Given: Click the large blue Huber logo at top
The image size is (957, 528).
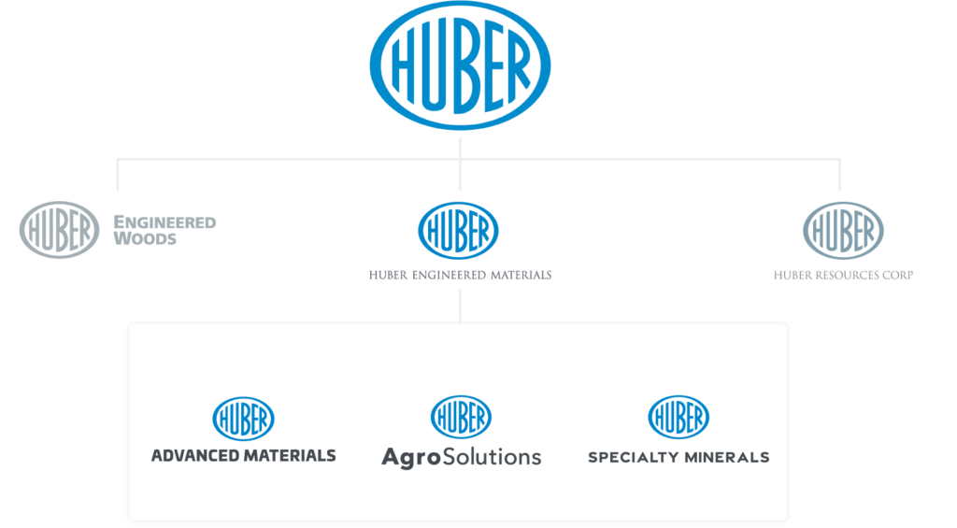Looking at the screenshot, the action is coord(460,65).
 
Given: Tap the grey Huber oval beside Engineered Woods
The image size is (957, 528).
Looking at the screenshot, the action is coord(59,230).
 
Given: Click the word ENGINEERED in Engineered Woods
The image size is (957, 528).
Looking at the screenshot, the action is coord(164,222).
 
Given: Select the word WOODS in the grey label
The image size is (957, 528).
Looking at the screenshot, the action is coord(145,238).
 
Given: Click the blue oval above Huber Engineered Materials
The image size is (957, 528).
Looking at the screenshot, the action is coord(458,231).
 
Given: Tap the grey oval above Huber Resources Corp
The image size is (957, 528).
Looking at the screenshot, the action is coord(843,231).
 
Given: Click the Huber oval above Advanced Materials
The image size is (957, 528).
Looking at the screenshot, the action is coord(243,419).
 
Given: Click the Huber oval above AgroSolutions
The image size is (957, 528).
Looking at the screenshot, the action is coord(461,417).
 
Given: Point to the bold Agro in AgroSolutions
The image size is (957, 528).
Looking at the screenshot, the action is coord(411,457).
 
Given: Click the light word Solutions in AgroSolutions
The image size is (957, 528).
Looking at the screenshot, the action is coord(492,457).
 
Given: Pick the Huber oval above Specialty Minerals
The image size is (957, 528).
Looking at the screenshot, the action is coord(678,418).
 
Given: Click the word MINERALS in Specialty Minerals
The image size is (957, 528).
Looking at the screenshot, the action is coord(724,457).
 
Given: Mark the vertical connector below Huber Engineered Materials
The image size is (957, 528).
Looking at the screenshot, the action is coord(460,306).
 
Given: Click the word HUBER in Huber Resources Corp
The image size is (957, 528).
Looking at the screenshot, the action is coord(793,276).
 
